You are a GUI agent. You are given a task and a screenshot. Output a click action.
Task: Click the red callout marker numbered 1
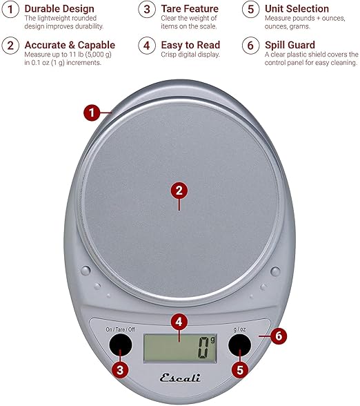click(92, 113)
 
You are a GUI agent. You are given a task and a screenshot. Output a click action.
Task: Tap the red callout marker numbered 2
click(179, 191)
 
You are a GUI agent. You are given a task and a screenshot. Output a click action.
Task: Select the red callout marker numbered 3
click(120, 370)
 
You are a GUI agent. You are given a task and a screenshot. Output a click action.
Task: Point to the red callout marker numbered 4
click(179, 322)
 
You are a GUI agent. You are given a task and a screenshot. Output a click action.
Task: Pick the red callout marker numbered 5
click(240, 370)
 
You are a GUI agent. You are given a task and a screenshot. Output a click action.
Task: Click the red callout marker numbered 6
click(279, 336)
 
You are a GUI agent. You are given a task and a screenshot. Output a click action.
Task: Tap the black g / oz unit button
click(239, 345)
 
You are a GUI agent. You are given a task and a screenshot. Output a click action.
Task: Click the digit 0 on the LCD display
click(203, 348)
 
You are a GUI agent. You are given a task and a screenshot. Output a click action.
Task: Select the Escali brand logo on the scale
click(180, 378)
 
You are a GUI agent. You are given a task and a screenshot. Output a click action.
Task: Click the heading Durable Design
click(59, 9)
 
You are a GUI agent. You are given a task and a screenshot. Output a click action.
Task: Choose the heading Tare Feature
click(190, 9)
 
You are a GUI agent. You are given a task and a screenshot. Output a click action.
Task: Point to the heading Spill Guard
click(290, 45)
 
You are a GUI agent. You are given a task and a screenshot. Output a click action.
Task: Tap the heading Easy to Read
click(190, 45)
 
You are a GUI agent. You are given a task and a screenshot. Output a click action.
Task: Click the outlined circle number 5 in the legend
click(250, 9)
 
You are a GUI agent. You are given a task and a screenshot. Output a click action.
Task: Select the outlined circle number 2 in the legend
click(10, 46)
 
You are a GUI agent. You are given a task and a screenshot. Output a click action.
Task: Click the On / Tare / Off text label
click(120, 329)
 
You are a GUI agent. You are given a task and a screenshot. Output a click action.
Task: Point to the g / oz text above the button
click(239, 329)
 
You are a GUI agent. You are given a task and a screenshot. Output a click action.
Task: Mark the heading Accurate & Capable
click(70, 45)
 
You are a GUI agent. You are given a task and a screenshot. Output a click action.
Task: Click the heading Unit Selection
click(297, 9)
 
